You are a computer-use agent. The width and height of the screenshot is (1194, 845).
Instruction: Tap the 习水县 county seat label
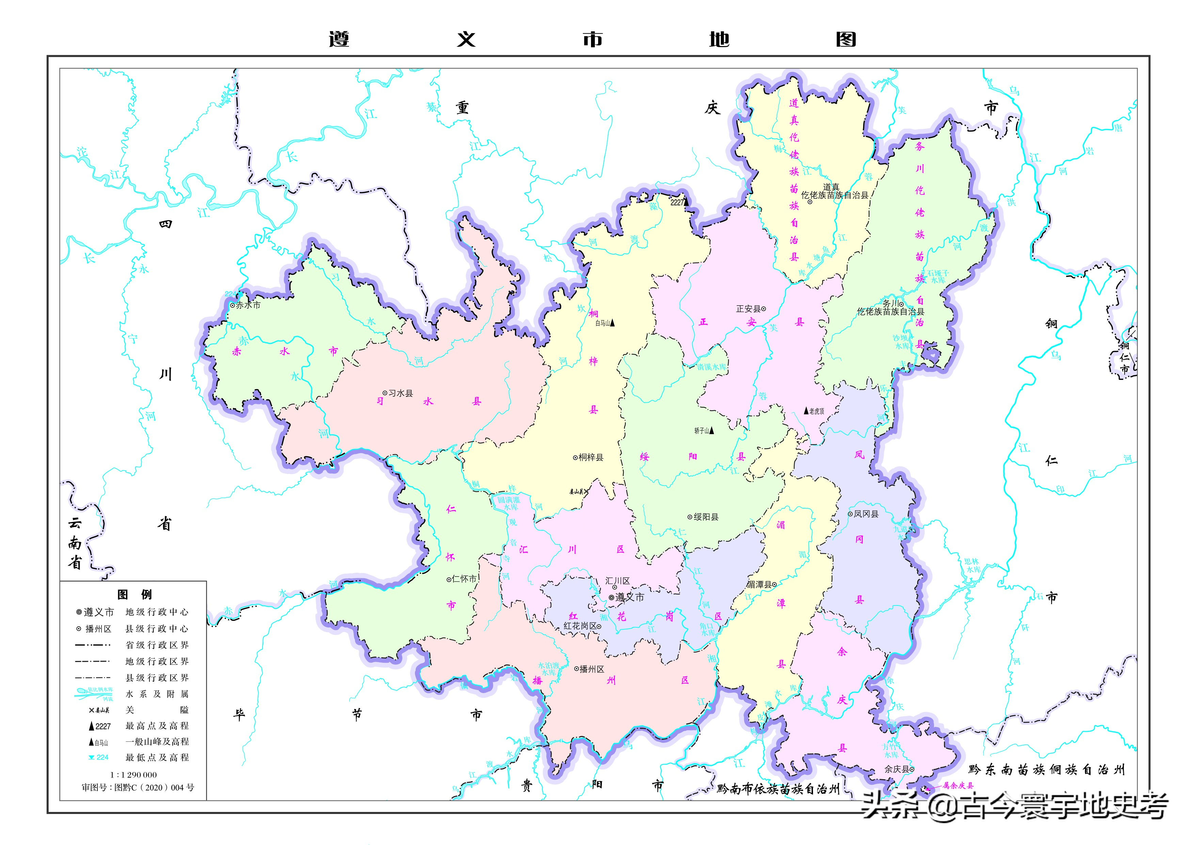tap(400, 393)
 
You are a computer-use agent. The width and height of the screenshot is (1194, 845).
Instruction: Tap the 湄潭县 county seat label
tap(759, 584)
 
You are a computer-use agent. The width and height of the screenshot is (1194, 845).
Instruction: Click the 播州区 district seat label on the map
tap(592, 669)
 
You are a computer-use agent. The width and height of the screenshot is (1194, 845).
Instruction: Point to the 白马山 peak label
tap(603, 323)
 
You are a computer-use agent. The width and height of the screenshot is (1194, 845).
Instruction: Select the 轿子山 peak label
tap(702, 430)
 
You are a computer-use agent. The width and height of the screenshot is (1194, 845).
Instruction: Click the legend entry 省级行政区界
tap(157, 645)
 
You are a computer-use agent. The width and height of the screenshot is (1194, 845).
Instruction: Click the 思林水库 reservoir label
tap(971, 566)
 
